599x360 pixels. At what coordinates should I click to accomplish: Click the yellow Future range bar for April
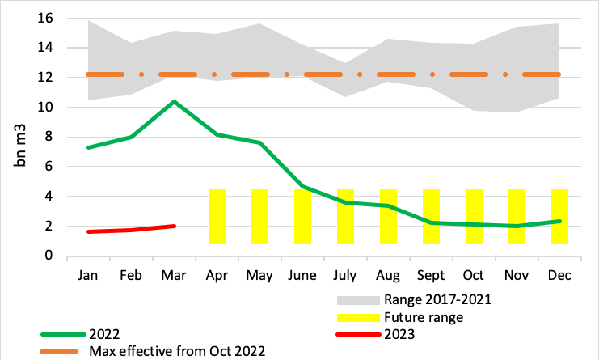pos(217,216)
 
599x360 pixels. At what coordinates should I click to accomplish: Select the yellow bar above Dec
pos(559,216)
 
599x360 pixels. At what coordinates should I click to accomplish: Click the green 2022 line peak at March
pos(174,102)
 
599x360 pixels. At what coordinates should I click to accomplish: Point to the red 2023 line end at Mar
pos(174,226)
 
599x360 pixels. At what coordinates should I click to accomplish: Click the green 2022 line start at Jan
pos(88,147)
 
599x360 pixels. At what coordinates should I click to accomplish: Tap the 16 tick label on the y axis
pos(46,18)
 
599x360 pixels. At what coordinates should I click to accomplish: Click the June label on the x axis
pos(302,276)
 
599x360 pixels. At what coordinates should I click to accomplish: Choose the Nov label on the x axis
pos(517,276)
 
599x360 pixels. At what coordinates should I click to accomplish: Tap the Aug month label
pos(388,276)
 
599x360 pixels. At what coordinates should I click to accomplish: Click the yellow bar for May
pos(259,216)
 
